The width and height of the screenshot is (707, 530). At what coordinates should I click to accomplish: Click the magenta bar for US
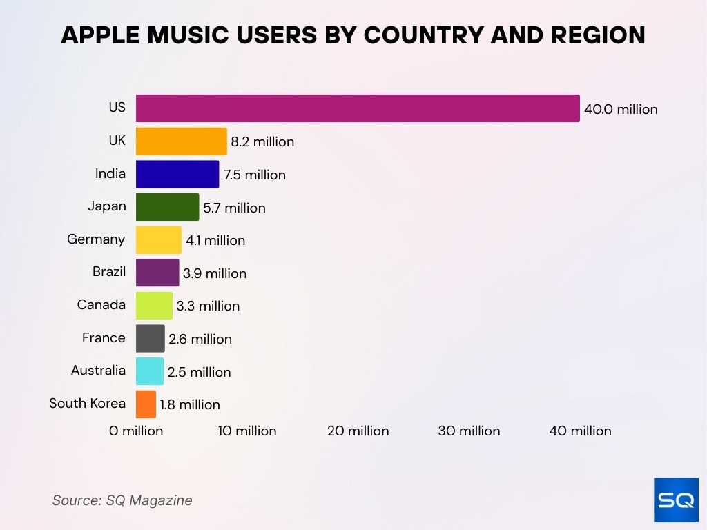[358, 108]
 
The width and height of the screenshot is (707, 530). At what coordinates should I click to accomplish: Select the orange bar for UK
[181, 141]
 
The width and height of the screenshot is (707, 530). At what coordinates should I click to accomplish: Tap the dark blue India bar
[177, 174]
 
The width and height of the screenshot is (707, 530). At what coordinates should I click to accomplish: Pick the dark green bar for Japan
[167, 207]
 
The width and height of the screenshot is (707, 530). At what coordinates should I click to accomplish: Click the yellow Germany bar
[159, 240]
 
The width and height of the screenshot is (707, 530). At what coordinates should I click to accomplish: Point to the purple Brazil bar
[157, 273]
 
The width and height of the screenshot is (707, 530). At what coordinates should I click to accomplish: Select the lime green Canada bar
[154, 306]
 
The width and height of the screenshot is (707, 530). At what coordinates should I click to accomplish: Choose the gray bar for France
[151, 338]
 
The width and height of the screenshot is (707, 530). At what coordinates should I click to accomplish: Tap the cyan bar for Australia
[150, 371]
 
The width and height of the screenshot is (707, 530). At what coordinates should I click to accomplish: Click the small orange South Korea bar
[146, 404]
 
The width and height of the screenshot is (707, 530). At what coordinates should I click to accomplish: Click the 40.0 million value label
[621, 109]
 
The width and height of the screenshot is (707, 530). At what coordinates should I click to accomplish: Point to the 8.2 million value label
[262, 141]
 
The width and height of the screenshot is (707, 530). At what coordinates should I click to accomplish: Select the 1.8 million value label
[190, 404]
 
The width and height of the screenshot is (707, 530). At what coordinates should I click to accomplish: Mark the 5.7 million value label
[234, 208]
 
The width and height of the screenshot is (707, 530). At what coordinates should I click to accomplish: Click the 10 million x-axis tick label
[247, 431]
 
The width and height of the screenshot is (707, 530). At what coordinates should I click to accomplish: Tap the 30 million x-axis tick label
[469, 431]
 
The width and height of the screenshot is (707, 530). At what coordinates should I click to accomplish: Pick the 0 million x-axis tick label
[136, 431]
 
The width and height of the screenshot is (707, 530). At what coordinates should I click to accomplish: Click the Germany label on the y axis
[96, 239]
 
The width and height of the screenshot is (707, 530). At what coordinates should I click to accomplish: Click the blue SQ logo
[676, 500]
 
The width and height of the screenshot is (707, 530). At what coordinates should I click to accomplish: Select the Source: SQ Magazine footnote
[122, 500]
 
